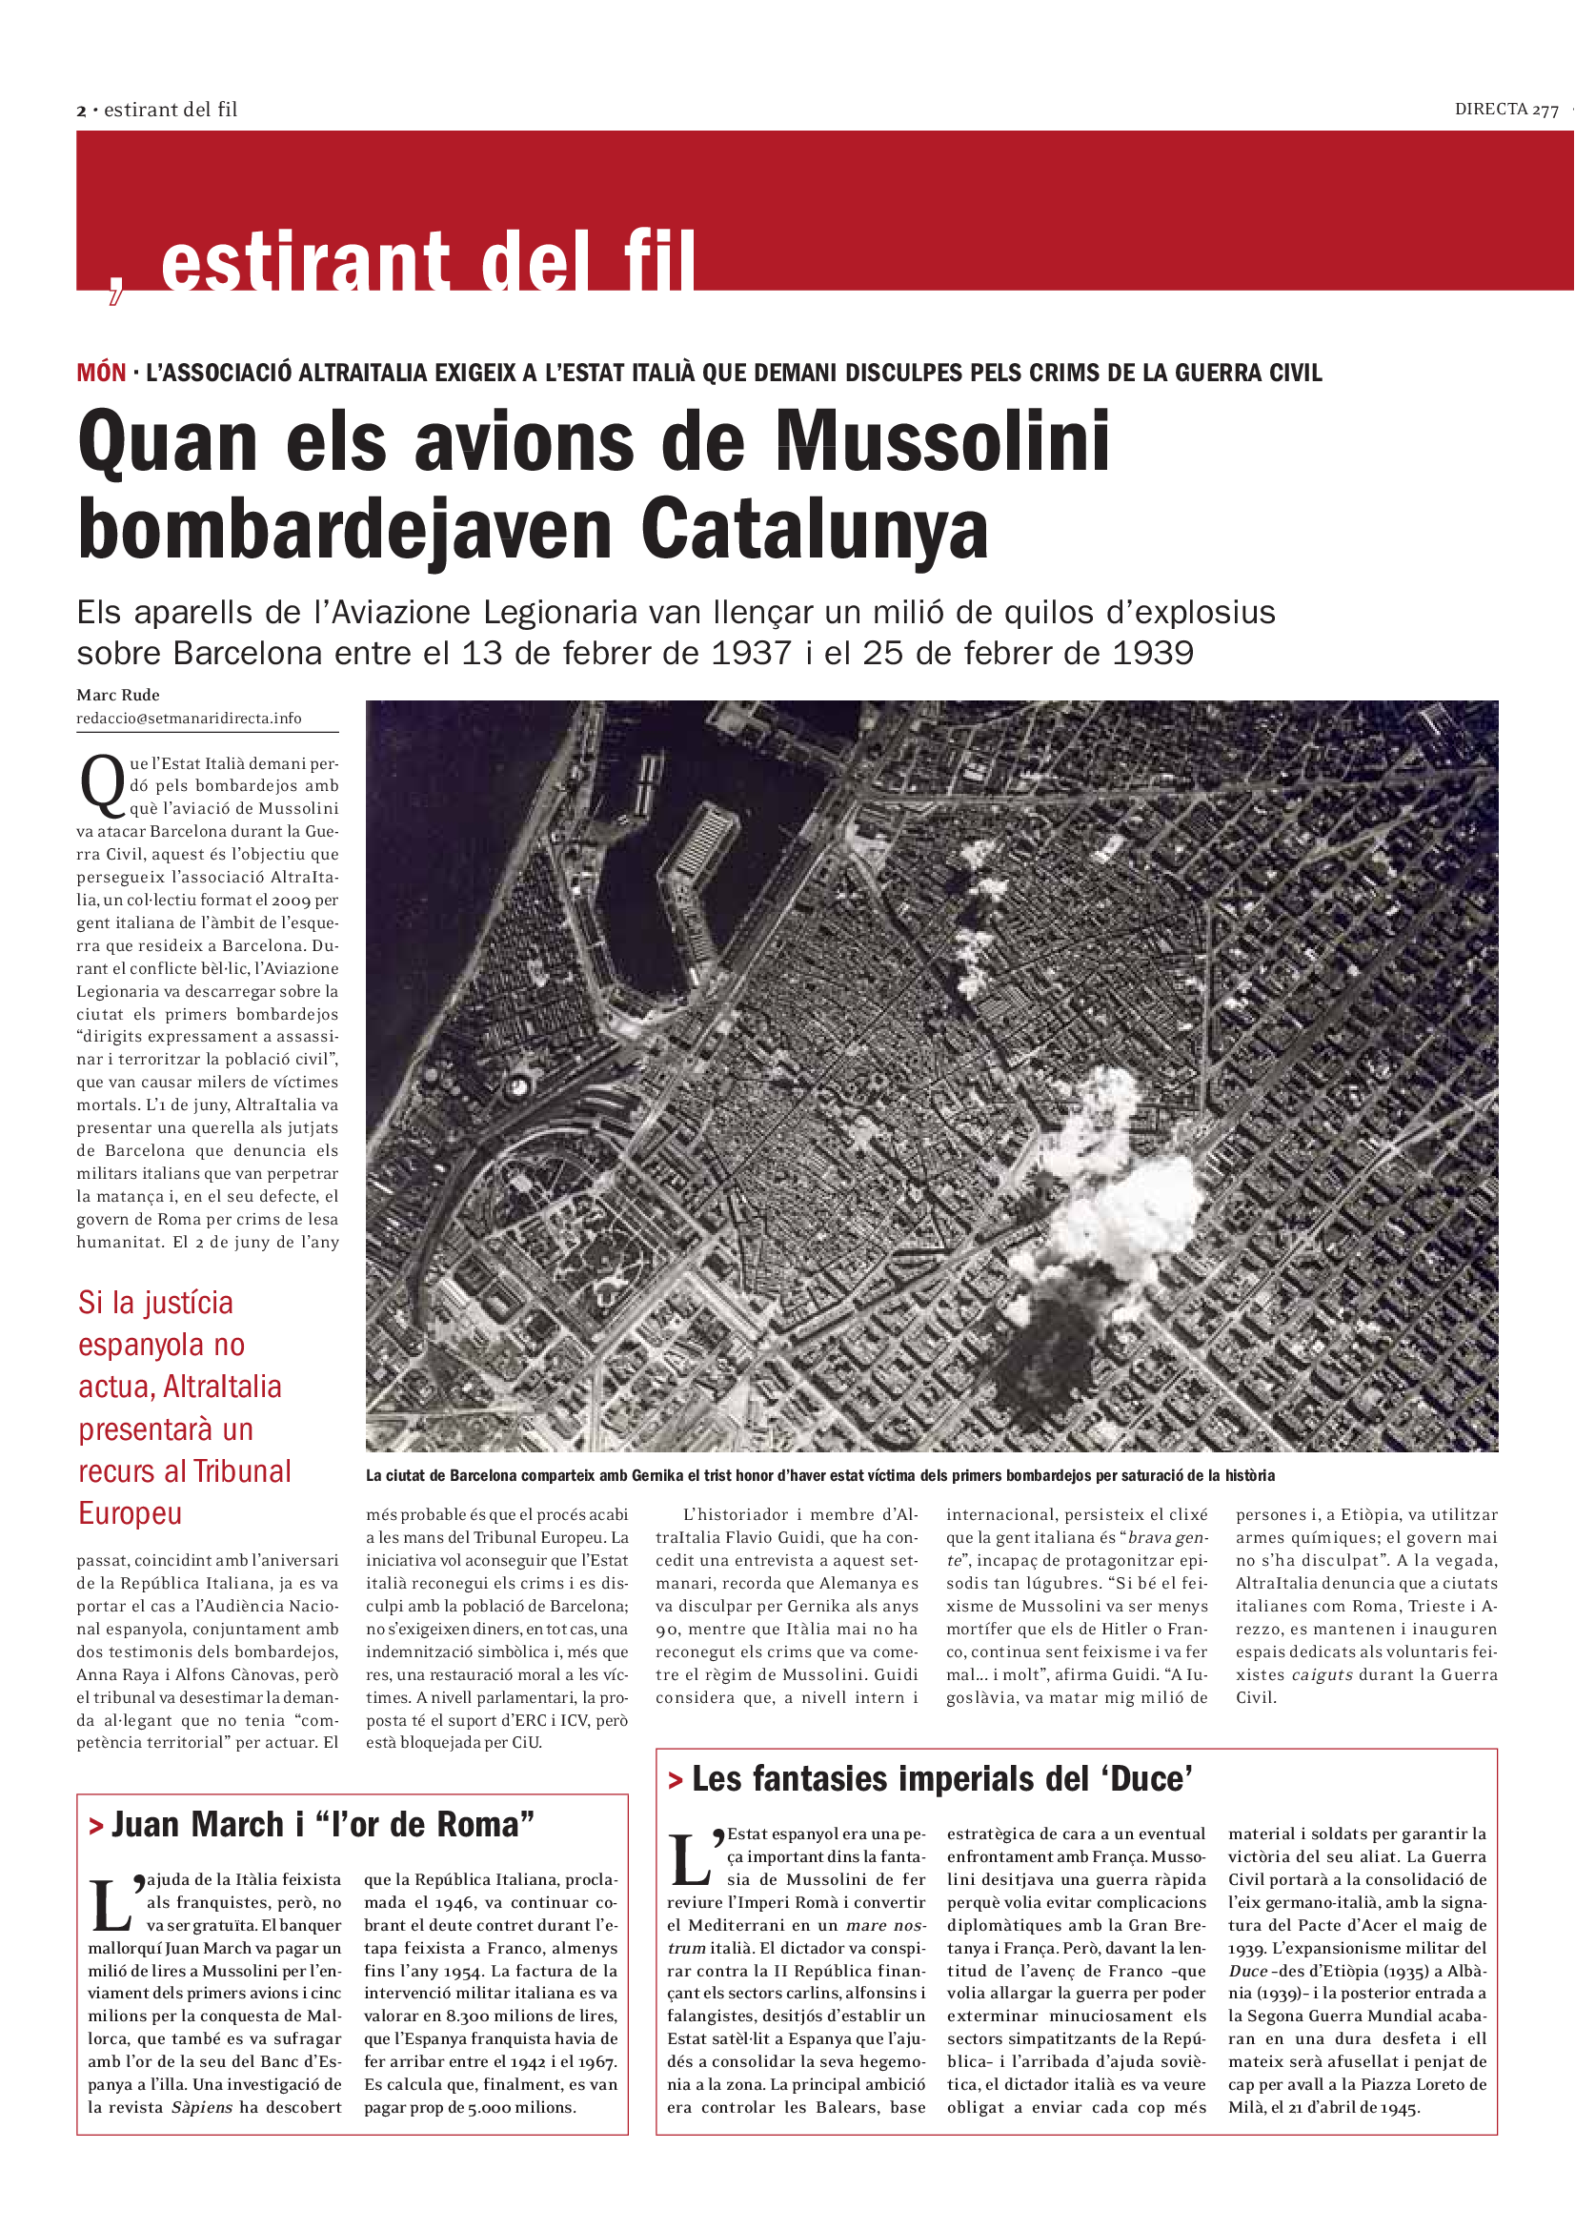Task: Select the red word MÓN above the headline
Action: [101, 373]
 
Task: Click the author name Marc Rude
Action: [117, 695]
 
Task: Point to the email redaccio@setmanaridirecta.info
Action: [189, 719]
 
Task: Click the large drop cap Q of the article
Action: [101, 784]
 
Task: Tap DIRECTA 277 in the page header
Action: [1505, 110]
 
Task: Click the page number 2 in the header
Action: [82, 111]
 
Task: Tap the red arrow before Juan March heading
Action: [96, 1827]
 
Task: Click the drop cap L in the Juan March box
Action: [110, 1905]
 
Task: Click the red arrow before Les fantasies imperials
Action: [676, 1780]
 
